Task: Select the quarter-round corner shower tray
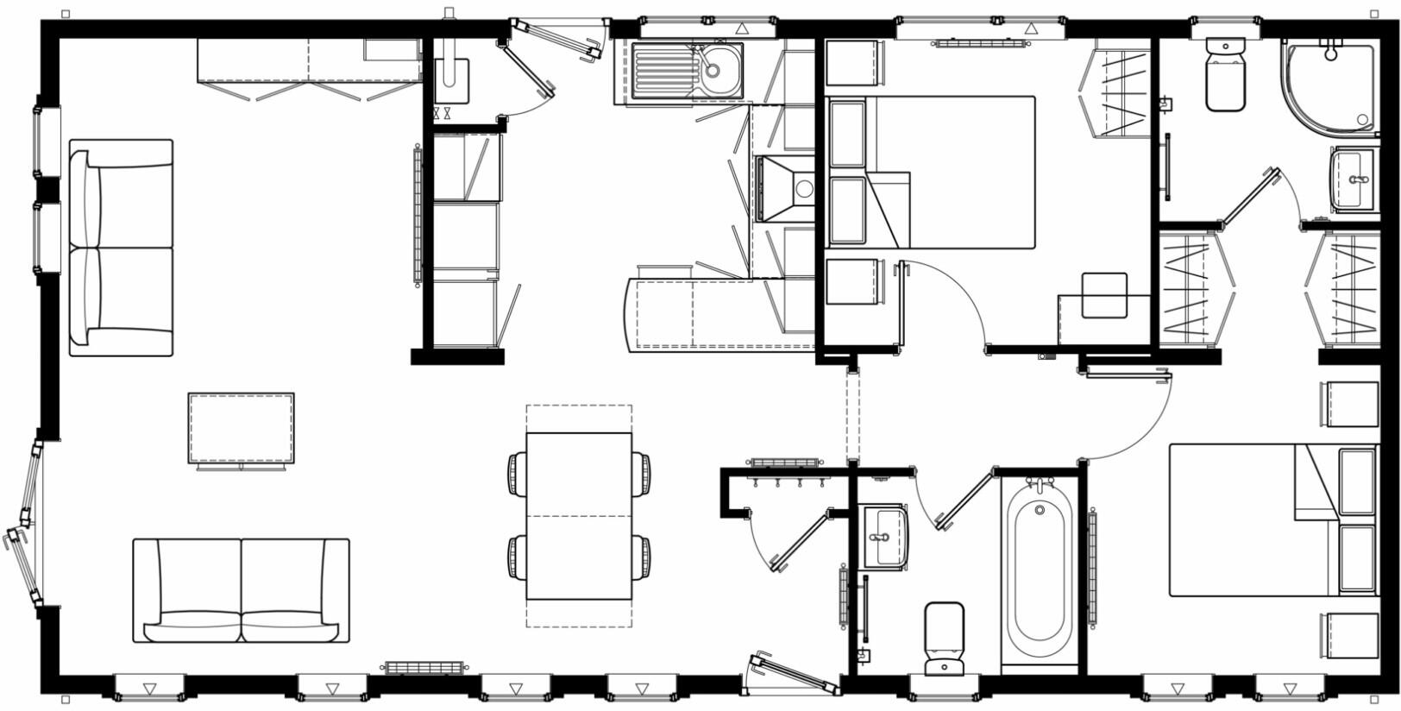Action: pyautogui.click(x=1327, y=86)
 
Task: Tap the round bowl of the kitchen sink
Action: pyautogui.click(x=718, y=66)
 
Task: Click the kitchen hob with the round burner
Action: pyautogui.click(x=786, y=188)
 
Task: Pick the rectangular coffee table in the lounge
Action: pyautogui.click(x=242, y=428)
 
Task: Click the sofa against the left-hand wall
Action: pyautogui.click(x=121, y=249)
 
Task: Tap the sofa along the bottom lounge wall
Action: pyautogui.click(x=242, y=591)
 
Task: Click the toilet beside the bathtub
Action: pyautogui.click(x=944, y=639)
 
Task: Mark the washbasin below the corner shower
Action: pyautogui.click(x=1353, y=179)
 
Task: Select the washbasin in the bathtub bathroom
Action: pyautogui.click(x=884, y=537)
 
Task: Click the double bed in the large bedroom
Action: pyautogui.click(x=949, y=173)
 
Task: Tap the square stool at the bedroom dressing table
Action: pyautogui.click(x=1104, y=295)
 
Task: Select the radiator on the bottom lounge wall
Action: pyautogui.click(x=424, y=667)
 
